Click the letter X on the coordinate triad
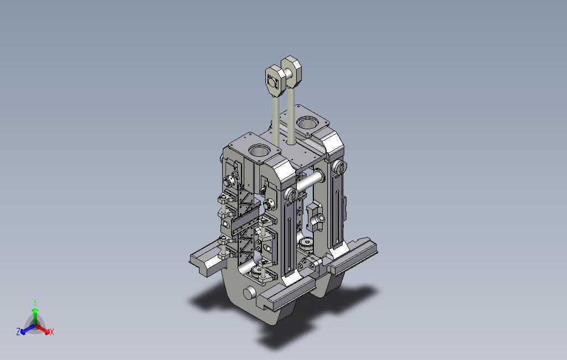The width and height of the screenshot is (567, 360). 52,332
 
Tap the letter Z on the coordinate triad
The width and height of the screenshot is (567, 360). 18,331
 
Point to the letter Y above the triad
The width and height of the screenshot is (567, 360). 35,302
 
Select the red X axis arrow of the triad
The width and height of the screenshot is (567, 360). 43,329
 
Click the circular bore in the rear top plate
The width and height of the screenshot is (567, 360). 307,123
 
